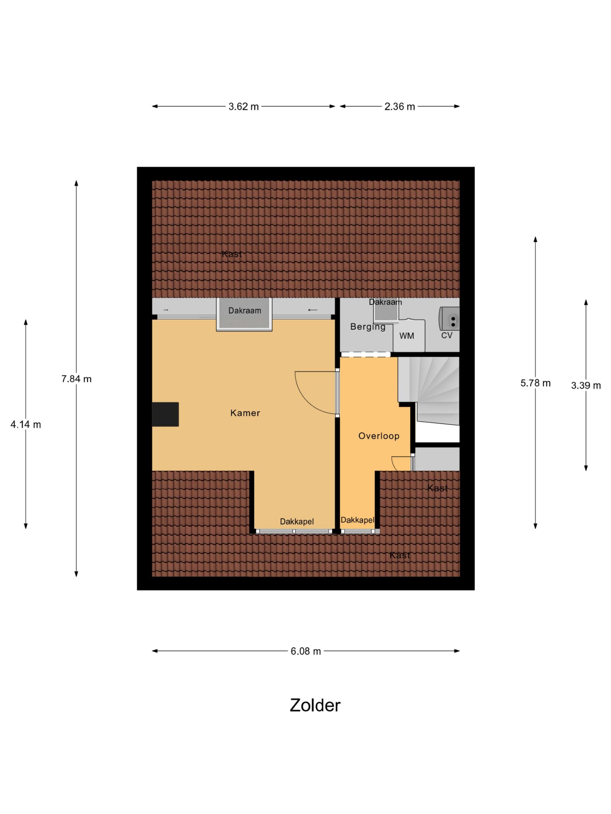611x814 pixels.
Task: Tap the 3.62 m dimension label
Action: tap(243, 107)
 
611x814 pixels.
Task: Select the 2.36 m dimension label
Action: tap(400, 107)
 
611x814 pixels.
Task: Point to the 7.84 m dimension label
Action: tap(77, 379)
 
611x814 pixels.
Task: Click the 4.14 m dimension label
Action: tap(26, 425)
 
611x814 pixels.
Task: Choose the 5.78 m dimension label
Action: tap(536, 383)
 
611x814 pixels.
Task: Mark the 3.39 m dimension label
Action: tap(586, 385)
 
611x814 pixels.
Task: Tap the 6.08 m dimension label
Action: tap(306, 651)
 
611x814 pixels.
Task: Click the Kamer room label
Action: tap(245, 413)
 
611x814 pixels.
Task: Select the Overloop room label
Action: tap(379, 436)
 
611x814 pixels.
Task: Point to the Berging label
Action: tap(368, 327)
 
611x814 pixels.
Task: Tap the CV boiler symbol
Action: tap(449, 319)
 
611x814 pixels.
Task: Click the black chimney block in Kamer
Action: tap(165, 414)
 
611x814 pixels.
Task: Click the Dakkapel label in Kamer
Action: tap(297, 521)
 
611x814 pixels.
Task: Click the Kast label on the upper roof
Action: tap(232, 254)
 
